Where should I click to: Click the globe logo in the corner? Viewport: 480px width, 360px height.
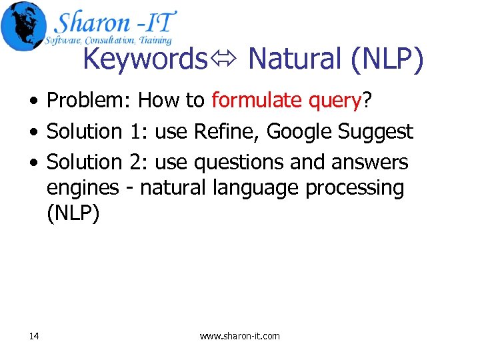point(23,25)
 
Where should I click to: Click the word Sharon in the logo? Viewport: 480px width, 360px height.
point(91,23)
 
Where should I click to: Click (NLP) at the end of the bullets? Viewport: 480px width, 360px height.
point(73,215)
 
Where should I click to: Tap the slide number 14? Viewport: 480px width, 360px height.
point(34,336)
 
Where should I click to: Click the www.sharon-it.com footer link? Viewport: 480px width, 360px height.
point(240,336)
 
